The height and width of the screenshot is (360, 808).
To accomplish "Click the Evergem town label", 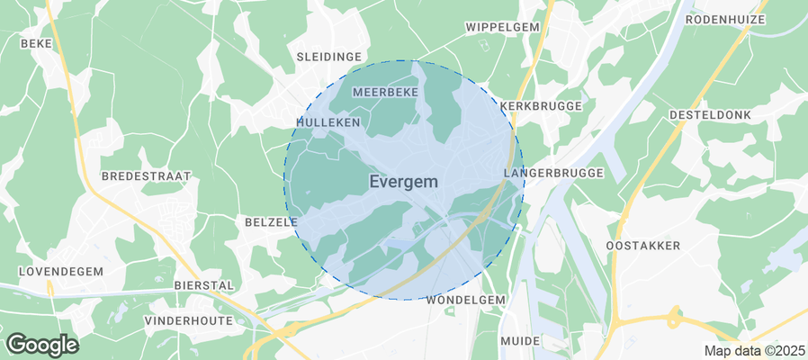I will (404, 181).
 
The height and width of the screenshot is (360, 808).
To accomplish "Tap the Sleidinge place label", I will (328, 57).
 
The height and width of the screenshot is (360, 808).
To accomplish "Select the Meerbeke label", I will (386, 93).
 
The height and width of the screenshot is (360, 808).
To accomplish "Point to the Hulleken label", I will (328, 121).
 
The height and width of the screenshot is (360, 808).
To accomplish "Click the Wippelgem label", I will (502, 27).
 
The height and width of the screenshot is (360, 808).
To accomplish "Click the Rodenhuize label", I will (725, 19).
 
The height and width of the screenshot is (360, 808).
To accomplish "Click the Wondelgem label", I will (467, 299).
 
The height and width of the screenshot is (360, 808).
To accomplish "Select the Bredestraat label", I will (145, 175).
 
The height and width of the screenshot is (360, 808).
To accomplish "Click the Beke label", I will (36, 42).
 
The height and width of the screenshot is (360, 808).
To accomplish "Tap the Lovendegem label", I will (60, 271).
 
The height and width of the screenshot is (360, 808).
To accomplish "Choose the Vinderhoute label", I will (187, 319).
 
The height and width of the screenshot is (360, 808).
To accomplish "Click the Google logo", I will (41, 344).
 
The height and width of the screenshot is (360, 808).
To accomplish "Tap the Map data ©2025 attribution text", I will (753, 350).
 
